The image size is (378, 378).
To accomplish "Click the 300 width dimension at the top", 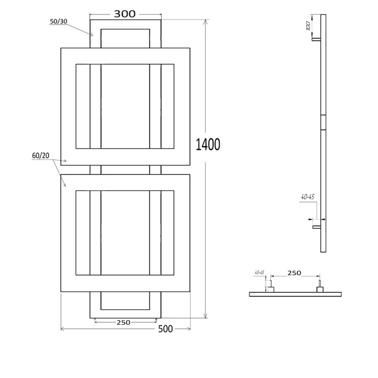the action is [x=125, y=14].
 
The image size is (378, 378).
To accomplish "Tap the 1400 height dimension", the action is [x=208, y=145].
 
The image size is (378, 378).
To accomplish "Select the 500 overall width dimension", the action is [x=165, y=329].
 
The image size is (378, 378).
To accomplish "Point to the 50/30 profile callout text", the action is [x=59, y=21].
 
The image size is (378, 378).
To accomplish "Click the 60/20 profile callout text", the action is [x=41, y=156].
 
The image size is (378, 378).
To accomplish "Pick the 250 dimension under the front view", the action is [x=123, y=322].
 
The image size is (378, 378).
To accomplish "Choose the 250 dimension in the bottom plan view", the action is [x=294, y=273].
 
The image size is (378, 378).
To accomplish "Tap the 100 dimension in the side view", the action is [x=308, y=26].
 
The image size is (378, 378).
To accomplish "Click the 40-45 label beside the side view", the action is [x=308, y=197].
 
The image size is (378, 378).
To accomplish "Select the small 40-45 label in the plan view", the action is [x=259, y=273].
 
